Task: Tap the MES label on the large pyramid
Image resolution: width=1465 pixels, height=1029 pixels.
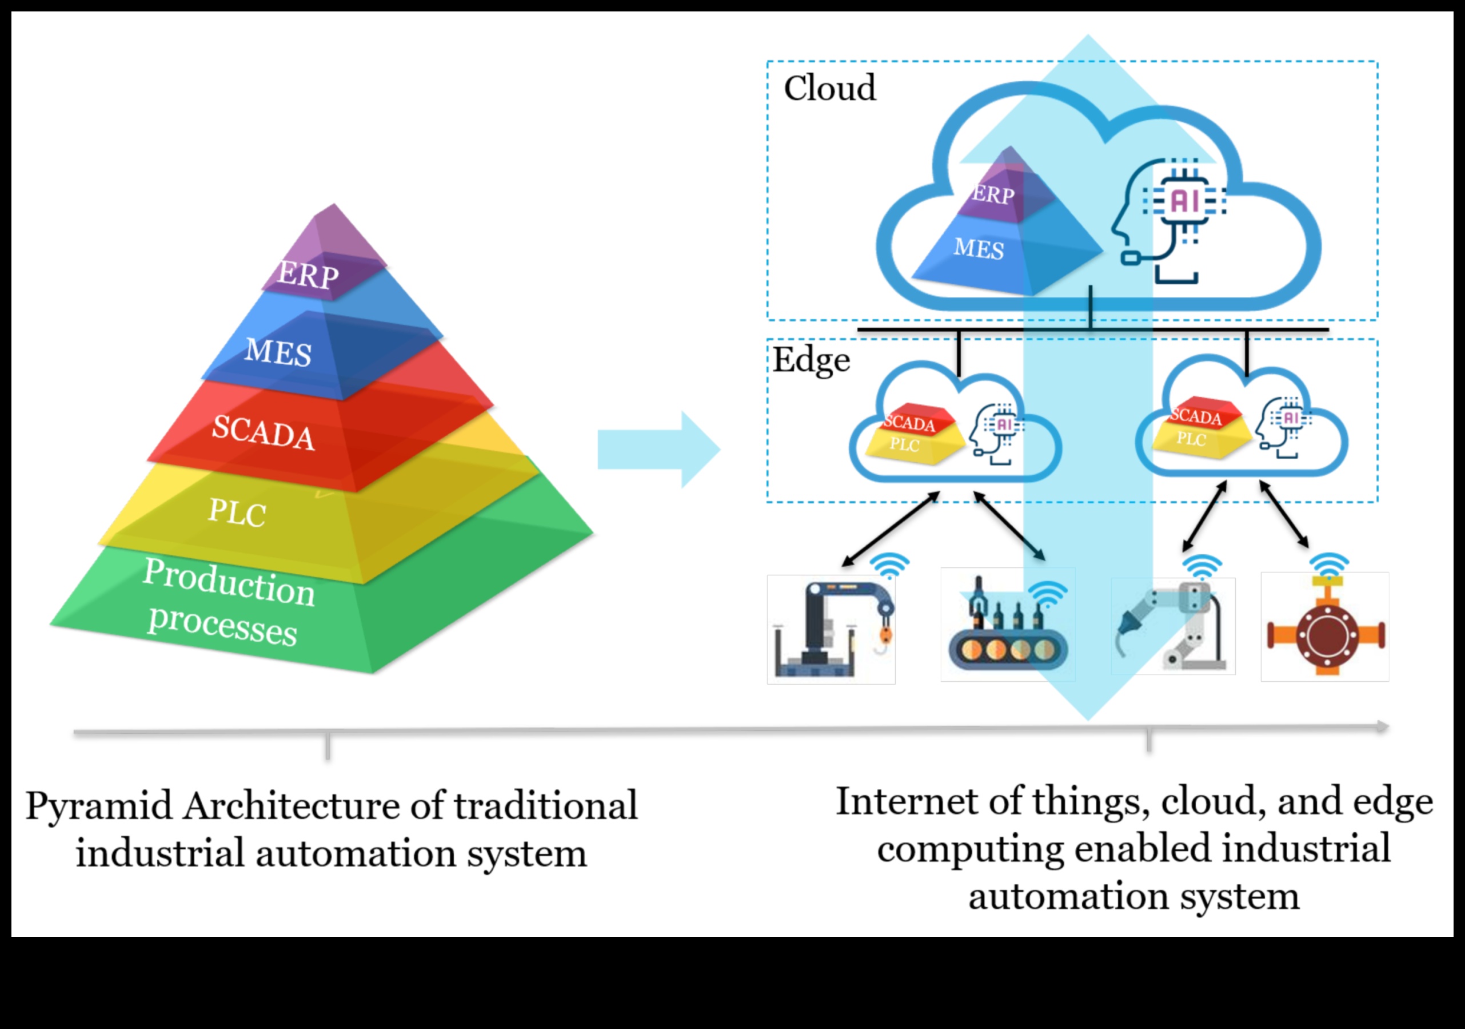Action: (278, 352)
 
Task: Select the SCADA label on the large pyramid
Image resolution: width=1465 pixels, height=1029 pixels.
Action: (263, 432)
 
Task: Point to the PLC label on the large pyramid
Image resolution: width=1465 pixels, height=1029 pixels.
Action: (237, 512)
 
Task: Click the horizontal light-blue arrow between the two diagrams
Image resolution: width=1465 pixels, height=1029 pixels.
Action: (657, 450)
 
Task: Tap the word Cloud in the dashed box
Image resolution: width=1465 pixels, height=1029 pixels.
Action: (829, 88)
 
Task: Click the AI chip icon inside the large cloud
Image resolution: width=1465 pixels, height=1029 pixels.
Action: (1185, 202)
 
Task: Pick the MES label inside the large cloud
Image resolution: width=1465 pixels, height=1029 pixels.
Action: (978, 248)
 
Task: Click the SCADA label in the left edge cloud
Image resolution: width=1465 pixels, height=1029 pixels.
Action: (909, 423)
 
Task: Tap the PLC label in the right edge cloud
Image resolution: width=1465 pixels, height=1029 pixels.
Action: (1191, 439)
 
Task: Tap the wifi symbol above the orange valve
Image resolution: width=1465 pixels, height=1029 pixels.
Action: (1329, 565)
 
